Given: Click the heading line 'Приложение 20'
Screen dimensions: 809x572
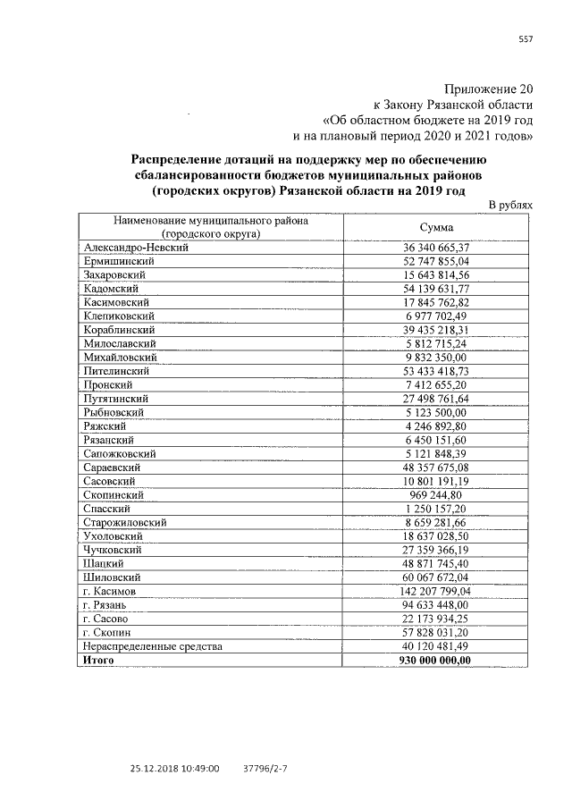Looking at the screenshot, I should pos(489,89).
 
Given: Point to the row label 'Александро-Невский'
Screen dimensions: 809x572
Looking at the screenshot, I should pos(134,247).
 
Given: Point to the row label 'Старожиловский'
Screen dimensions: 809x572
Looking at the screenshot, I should pos(123,522).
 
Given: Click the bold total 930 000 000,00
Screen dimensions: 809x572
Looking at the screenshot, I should pos(432,660).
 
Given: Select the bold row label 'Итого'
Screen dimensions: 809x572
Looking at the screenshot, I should pos(100,660).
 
